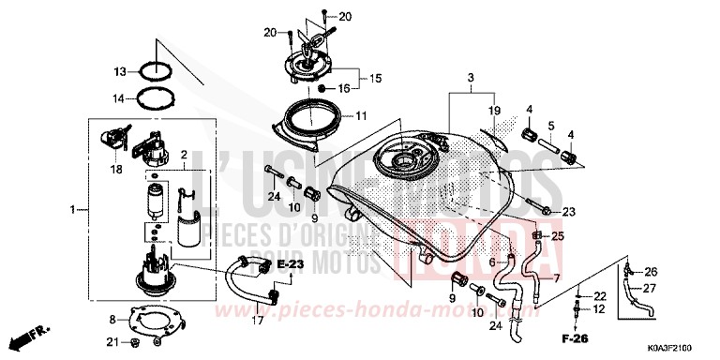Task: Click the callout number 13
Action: tap(121, 72)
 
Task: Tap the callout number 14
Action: tap(121, 97)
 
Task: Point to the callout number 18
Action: tap(116, 169)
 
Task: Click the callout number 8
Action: tap(111, 320)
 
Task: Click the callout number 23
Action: tap(569, 211)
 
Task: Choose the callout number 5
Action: tap(551, 126)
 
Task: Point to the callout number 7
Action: tap(555, 279)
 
